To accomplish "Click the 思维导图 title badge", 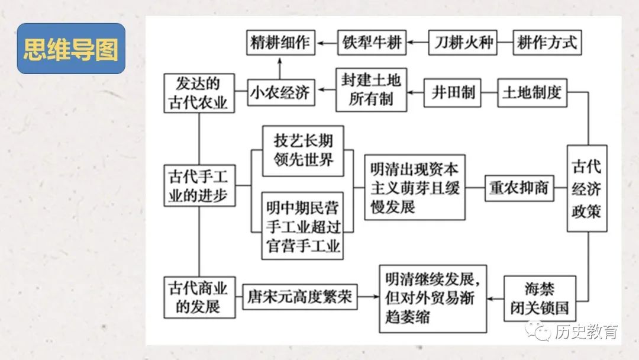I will (70, 49).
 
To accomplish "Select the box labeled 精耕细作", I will (280, 43).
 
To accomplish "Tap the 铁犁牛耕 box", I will (372, 43).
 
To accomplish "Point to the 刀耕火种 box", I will (463, 43).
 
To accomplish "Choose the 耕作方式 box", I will (547, 43).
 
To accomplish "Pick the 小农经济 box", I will (280, 93).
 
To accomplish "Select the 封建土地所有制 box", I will (371, 89).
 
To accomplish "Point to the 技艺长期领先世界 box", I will (303, 150).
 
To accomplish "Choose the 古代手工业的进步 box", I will (199, 186).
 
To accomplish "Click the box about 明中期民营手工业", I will (303, 225).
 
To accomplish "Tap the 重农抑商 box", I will (519, 188).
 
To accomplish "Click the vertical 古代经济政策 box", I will (586, 189).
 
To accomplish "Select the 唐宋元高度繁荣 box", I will (300, 297).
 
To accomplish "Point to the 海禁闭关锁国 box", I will (539, 298).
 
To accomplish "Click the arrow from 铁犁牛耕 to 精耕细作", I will (326, 43).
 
